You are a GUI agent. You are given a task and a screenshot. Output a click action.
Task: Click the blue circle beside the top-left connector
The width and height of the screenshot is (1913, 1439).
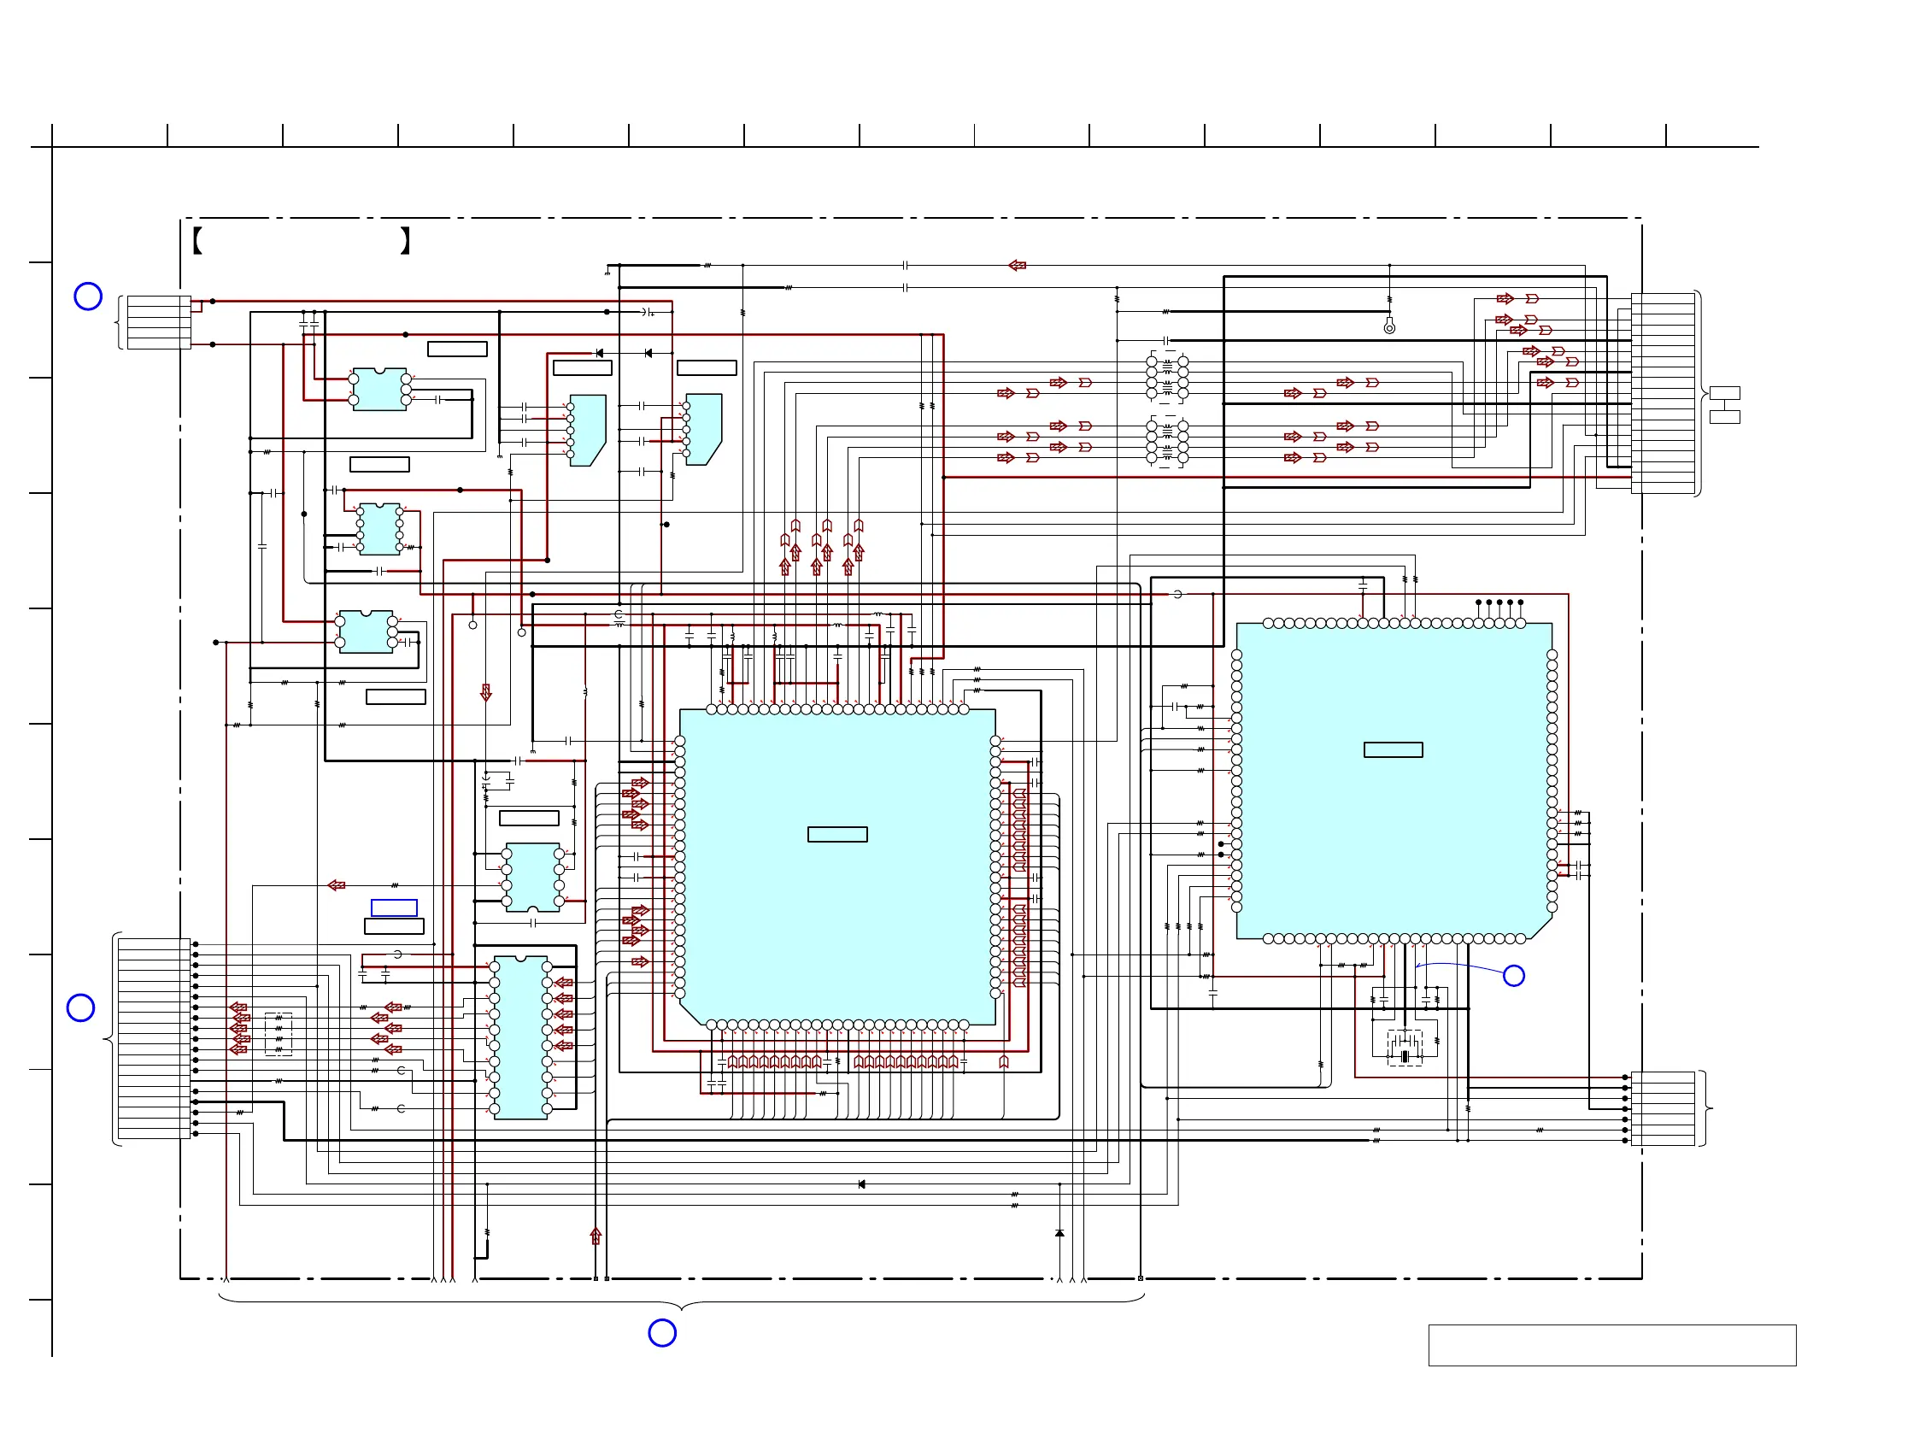[x=88, y=297]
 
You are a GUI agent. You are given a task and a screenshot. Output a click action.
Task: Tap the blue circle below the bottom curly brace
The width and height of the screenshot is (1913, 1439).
[x=662, y=1333]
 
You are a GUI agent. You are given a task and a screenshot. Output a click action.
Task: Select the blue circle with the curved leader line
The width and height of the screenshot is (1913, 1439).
[x=1513, y=976]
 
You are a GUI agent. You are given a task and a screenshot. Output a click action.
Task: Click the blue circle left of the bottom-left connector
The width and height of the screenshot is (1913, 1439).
[x=80, y=1007]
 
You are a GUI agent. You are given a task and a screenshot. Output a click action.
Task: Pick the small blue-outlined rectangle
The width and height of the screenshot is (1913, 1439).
[x=395, y=907]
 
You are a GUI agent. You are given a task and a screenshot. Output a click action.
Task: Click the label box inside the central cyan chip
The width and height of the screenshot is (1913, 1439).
[x=837, y=835]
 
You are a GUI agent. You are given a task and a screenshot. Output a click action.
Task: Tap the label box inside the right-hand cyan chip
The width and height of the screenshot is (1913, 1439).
[x=1393, y=749]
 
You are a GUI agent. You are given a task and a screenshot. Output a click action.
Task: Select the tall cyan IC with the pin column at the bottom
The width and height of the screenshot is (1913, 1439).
[x=520, y=1037]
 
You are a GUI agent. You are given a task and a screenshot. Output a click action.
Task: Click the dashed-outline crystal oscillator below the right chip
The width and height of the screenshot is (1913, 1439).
[x=1405, y=1048]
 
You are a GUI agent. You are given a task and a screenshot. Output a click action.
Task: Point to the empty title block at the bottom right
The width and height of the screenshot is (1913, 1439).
[x=1612, y=1345]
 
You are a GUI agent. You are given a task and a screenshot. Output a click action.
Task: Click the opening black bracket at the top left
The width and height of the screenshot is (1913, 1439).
[x=197, y=240]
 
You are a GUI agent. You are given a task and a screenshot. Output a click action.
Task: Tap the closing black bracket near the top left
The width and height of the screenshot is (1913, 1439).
[x=405, y=240]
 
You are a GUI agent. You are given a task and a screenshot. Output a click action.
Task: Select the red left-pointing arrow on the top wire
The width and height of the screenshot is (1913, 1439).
[x=1017, y=266]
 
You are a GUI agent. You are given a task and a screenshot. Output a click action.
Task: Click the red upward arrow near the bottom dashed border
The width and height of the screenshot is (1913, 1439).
[x=595, y=1236]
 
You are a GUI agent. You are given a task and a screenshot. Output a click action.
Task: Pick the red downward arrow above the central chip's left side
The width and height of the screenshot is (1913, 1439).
[x=486, y=693]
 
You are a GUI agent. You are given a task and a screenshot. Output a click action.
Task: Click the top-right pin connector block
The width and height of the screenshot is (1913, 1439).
[x=1662, y=393]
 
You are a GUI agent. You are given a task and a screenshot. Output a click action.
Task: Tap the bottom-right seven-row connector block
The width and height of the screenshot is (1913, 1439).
[x=1662, y=1108]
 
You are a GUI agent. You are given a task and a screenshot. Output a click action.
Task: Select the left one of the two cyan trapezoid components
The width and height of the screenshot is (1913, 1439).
[x=587, y=430]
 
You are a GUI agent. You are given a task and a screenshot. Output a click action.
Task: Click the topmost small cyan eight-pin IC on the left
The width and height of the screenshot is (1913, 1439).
[x=379, y=389]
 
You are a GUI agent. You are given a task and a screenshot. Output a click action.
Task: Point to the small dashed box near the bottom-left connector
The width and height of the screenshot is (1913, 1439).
[x=279, y=1033]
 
